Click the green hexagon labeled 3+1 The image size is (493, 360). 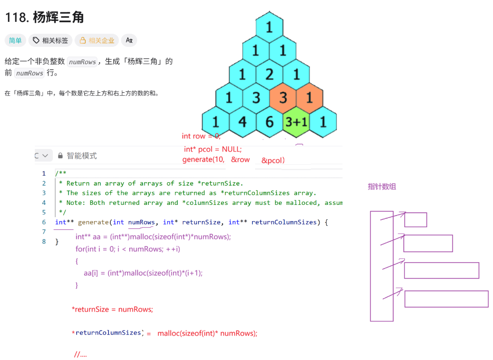(x=296, y=121)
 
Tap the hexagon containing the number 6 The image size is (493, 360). (x=269, y=121)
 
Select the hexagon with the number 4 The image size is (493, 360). (x=242, y=121)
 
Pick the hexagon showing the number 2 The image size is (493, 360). (x=269, y=74)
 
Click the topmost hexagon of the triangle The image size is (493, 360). (x=269, y=27)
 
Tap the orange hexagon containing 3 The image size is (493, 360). (x=283, y=97)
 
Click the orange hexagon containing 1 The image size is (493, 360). (x=310, y=97)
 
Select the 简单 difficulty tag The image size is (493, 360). (x=15, y=41)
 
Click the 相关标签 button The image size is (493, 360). (x=51, y=41)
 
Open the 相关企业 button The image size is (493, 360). (x=97, y=41)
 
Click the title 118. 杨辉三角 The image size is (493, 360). (x=45, y=17)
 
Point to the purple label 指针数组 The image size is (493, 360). (x=382, y=187)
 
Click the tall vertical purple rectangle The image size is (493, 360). (x=382, y=266)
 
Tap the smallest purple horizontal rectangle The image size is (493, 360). (x=415, y=219)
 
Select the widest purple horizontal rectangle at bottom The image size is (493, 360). (x=446, y=299)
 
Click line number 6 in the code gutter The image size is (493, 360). (x=44, y=222)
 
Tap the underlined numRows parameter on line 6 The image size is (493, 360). (x=141, y=222)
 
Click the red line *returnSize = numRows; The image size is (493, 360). (x=113, y=309)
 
